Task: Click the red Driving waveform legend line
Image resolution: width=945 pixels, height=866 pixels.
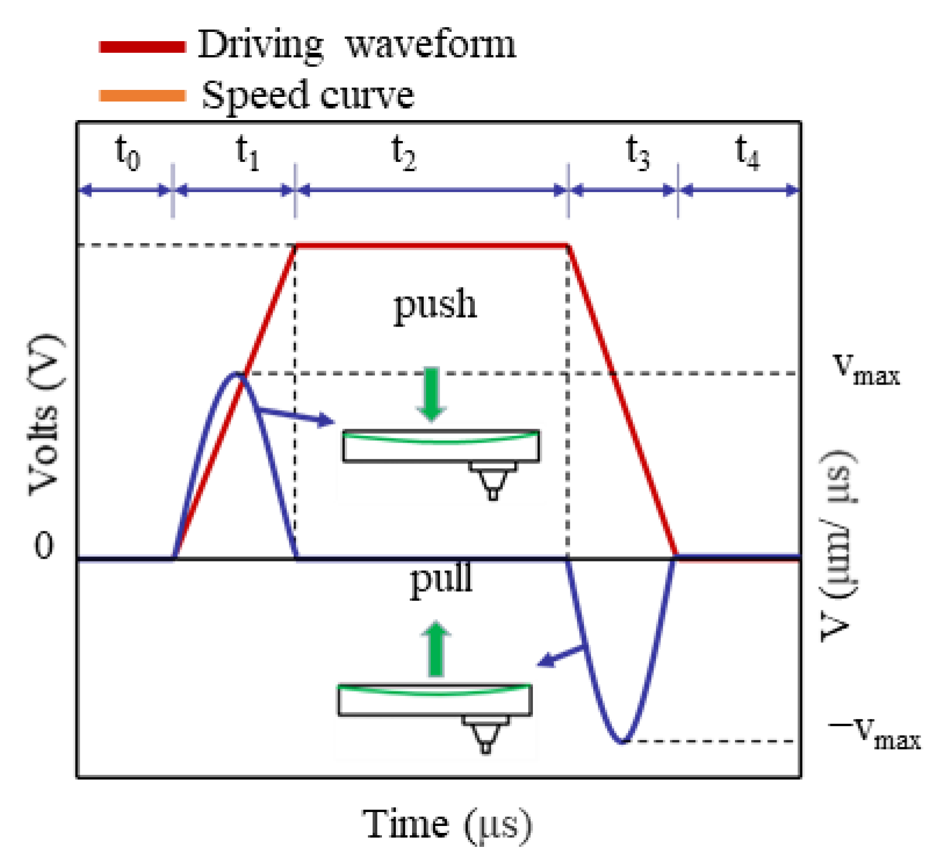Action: point(142,47)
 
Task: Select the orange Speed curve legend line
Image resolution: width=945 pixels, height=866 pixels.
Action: point(142,96)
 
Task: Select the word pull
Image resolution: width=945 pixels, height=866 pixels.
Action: point(441,579)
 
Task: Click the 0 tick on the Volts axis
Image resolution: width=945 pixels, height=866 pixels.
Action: point(44,546)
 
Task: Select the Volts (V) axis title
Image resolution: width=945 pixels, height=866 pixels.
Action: point(45,415)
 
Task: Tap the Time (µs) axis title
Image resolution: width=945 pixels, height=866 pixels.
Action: point(447,824)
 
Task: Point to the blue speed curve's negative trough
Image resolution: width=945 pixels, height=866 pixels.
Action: point(622,741)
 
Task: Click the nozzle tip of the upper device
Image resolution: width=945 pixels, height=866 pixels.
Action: point(493,495)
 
